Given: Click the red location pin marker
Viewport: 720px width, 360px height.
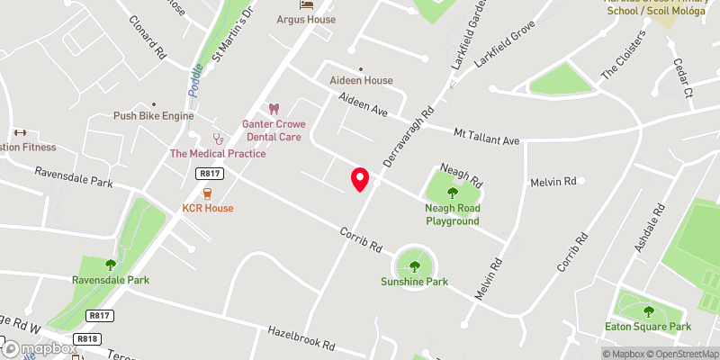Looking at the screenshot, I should pos(360,179).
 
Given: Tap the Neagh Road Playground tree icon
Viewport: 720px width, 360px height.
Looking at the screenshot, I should pos(452,192).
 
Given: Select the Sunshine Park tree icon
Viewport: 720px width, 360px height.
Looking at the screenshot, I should pos(414,265).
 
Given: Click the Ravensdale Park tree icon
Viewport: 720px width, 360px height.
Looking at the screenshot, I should pos(111,265).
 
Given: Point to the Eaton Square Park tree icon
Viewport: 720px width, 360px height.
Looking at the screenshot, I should pos(648,311).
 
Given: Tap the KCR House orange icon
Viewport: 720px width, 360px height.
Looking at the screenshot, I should pos(208,193).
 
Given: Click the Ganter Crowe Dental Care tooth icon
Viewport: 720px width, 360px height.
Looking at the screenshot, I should pos(275,109).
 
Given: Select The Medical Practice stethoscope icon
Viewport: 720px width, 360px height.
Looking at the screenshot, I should pos(218,138).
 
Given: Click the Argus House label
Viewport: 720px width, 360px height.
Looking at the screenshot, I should pos(306,19).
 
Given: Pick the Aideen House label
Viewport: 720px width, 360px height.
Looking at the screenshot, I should pos(361,80).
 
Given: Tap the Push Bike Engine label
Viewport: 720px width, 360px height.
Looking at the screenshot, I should pos(154,116).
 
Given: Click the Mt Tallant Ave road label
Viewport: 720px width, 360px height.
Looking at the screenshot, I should pos(487,136).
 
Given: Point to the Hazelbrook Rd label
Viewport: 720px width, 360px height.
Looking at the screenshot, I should pos(301,337).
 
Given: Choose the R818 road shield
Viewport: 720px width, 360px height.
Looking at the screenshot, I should pos(88,338).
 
